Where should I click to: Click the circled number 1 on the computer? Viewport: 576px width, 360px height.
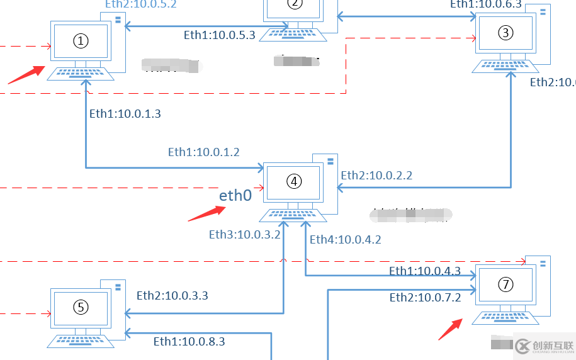[81, 41]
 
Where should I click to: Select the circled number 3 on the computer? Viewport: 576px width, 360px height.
[505, 33]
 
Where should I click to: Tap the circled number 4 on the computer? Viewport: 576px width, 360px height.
[294, 181]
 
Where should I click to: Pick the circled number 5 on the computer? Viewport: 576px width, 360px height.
[81, 307]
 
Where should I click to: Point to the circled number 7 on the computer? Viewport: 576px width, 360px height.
[505, 284]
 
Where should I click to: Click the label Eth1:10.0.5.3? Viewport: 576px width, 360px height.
[219, 35]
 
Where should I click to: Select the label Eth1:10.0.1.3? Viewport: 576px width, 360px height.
[125, 114]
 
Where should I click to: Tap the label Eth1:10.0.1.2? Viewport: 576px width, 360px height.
[203, 152]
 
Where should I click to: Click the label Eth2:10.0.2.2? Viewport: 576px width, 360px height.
[376, 176]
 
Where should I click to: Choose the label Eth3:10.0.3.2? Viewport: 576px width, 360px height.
[245, 235]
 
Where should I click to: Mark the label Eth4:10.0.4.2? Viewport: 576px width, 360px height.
[345, 239]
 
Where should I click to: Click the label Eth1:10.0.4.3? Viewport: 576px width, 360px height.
[425, 271]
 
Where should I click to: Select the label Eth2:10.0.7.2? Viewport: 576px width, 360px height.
[425, 298]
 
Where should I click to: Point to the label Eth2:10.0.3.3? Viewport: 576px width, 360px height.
[172, 295]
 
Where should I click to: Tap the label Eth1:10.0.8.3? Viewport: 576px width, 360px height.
[189, 342]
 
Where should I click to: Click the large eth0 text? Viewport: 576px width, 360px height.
[235, 196]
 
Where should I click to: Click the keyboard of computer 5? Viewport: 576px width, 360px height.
[81, 340]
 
